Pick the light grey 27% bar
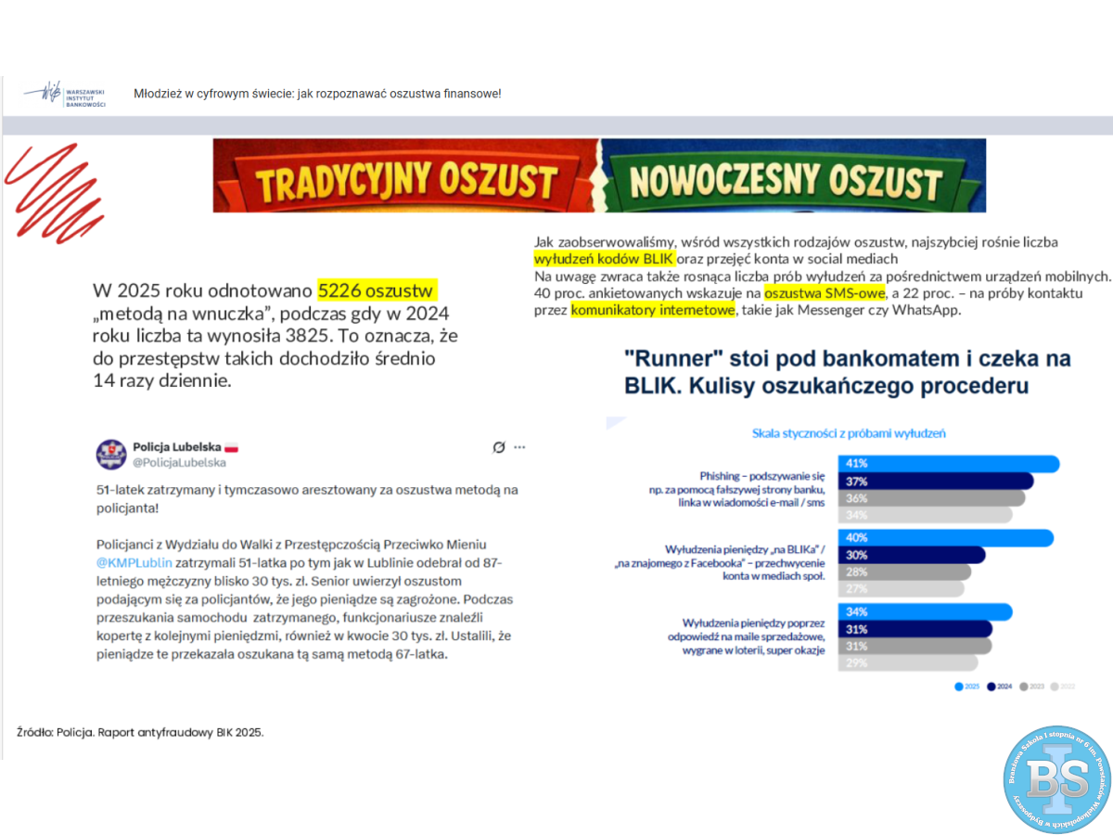pyautogui.click(x=901, y=588)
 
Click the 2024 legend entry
pyautogui.click(x=999, y=687)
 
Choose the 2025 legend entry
pyautogui.click(x=967, y=687)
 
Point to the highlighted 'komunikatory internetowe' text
pyautogui.click(x=652, y=310)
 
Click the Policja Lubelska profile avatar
pyautogui.click(x=111, y=454)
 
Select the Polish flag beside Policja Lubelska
pyautogui.click(x=232, y=447)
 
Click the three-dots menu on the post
pyautogui.click(x=518, y=447)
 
